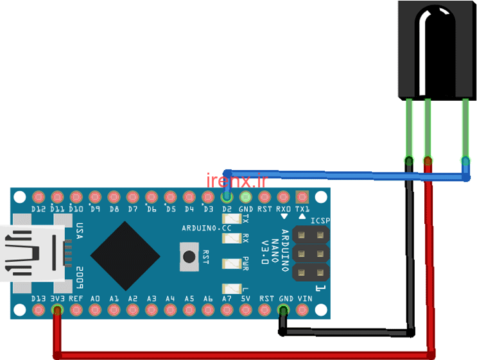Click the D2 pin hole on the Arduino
click(226, 197)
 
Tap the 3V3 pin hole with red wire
click(57, 310)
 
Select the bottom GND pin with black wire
click(283, 310)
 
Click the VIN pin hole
click(302, 310)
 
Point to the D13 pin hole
click(39, 310)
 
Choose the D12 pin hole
click(39, 197)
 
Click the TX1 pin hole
click(302, 197)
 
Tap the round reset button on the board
click(189, 256)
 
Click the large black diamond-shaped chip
click(125, 256)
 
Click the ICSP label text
click(319, 221)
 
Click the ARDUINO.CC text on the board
click(207, 228)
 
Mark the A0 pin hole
click(95, 310)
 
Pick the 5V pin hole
click(245, 310)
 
